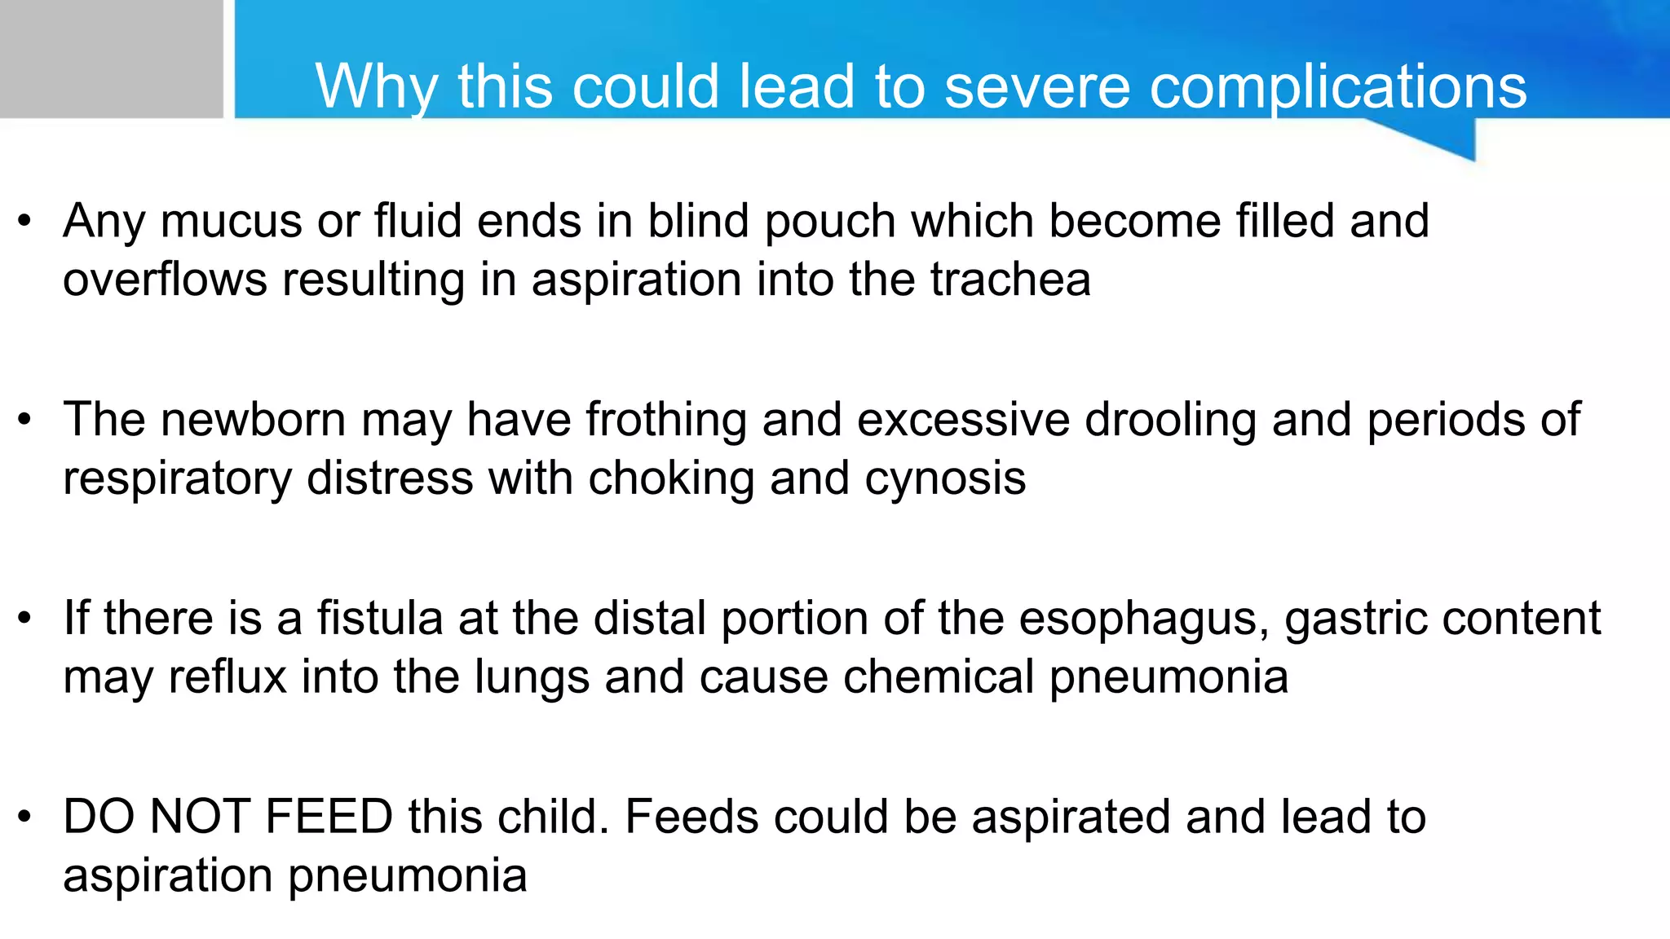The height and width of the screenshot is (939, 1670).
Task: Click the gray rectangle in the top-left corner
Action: pyautogui.click(x=111, y=59)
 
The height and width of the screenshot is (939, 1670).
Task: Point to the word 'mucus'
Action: pyautogui.click(x=232, y=221)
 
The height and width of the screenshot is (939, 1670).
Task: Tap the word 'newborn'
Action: pyautogui.click(x=253, y=420)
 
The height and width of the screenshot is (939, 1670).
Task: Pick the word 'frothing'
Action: pyautogui.click(x=665, y=420)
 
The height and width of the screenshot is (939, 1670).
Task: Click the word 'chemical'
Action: pyautogui.click(x=938, y=677)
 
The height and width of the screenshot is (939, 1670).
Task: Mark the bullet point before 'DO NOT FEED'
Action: pyautogui.click(x=25, y=817)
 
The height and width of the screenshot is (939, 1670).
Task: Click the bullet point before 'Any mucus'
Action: pyautogui.click(x=25, y=221)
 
